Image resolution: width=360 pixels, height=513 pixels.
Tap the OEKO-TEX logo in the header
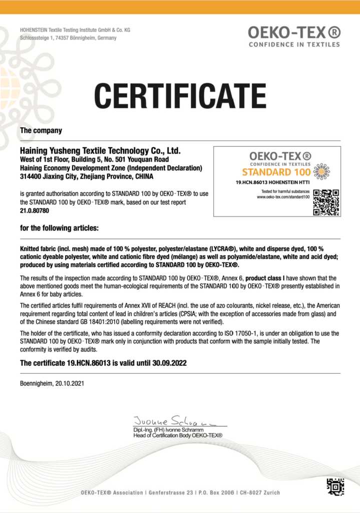294,36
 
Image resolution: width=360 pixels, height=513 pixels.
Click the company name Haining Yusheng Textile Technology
100,150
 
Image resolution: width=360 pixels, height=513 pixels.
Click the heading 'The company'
41,131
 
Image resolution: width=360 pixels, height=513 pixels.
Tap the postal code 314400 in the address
31,176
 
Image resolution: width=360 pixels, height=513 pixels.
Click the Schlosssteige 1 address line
68,38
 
